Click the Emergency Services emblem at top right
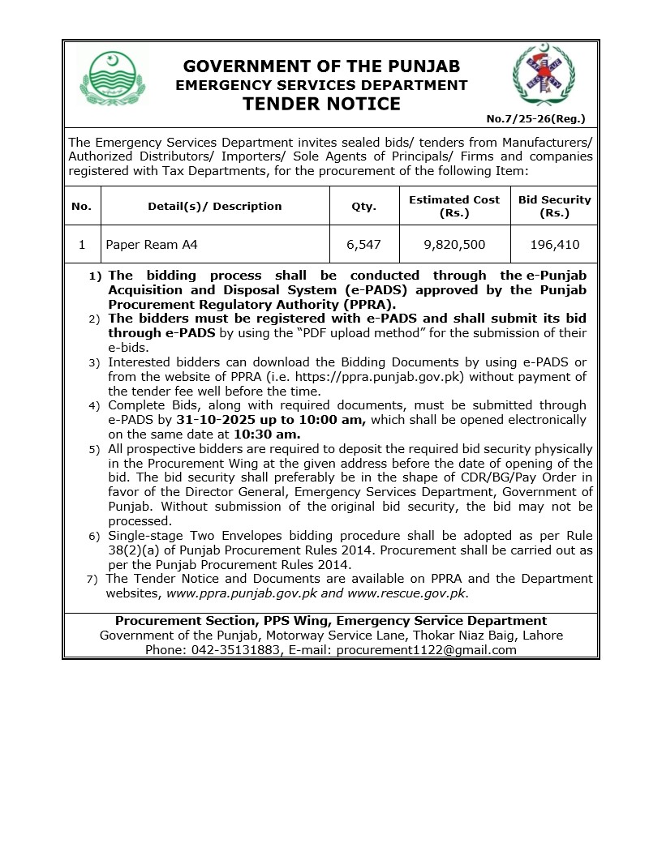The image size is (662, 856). pos(544,77)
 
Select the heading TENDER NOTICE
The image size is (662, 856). pos(322,104)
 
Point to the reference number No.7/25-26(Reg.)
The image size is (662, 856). pos(535,119)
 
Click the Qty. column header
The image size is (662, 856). pos(363,206)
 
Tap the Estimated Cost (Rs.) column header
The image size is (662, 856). pos(454,206)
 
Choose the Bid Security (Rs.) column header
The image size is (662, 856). pos(554,206)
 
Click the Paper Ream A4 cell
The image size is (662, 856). pos(152,244)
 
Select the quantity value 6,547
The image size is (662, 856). pos(363,244)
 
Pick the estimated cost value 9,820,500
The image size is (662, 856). pos(454,244)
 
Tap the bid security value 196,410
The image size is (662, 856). pos(554,244)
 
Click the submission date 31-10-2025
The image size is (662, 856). pos(216,420)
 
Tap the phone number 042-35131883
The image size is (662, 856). pos(236,650)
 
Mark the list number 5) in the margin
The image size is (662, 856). pos(94,449)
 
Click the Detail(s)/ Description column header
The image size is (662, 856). pos(215,206)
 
